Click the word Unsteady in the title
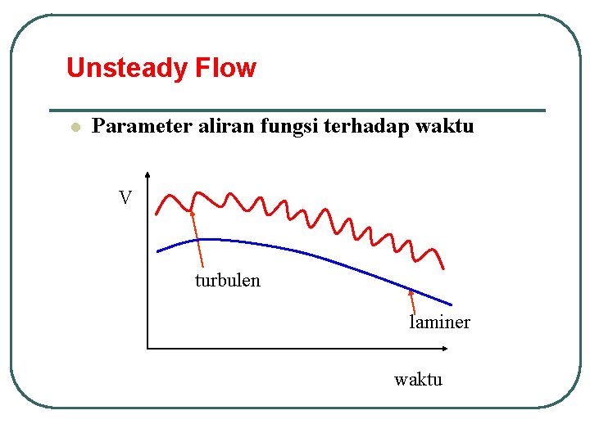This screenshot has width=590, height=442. (x=127, y=68)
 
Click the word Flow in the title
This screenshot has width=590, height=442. (x=225, y=68)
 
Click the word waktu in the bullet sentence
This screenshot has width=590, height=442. (x=445, y=126)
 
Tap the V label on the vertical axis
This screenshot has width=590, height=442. (x=125, y=198)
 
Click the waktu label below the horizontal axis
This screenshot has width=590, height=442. (x=418, y=379)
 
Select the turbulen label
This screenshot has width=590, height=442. (x=227, y=281)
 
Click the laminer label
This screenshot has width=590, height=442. (x=439, y=322)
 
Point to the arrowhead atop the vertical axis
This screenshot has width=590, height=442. (x=147, y=174)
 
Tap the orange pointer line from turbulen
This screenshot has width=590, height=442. (x=197, y=241)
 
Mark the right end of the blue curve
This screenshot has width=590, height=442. (x=451, y=304)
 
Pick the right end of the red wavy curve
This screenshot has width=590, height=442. (x=443, y=268)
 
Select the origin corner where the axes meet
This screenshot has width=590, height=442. (x=148, y=349)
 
